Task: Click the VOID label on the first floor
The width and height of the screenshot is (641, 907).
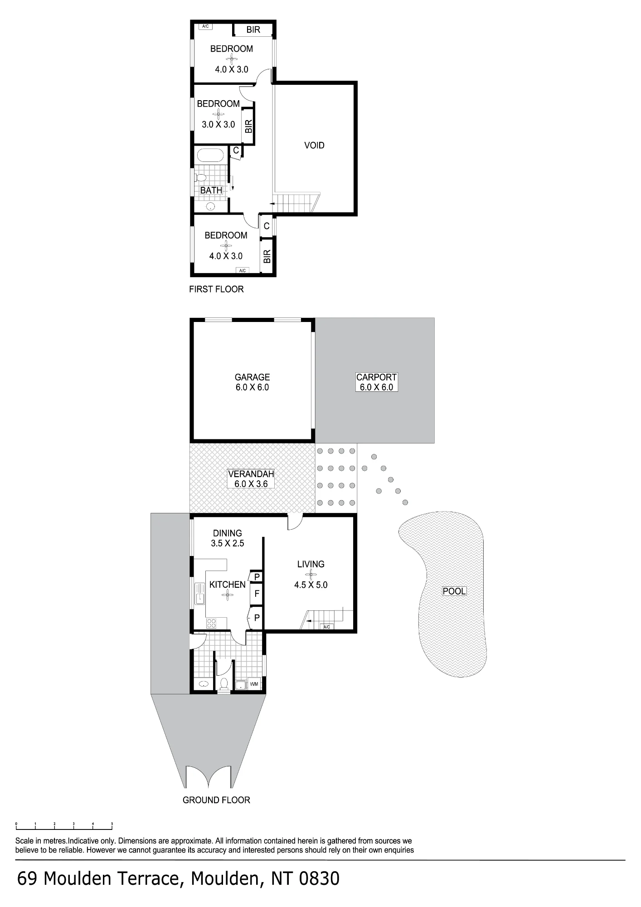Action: click(314, 146)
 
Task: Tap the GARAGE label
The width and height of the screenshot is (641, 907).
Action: click(252, 377)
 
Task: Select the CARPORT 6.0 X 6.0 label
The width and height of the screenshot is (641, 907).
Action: click(376, 382)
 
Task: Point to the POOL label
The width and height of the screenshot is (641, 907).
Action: click(454, 591)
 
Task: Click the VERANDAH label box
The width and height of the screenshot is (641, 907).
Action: click(251, 479)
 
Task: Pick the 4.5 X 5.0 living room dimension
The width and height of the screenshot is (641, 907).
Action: click(311, 585)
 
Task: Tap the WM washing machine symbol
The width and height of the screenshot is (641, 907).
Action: click(254, 684)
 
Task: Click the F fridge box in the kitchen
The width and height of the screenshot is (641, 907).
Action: click(257, 594)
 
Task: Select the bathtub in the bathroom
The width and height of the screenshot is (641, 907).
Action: click(210, 156)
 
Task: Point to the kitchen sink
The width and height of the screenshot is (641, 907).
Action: click(199, 594)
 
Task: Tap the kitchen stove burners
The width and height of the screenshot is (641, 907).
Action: click(211, 623)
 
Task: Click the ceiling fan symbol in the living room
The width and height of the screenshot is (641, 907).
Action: click(311, 575)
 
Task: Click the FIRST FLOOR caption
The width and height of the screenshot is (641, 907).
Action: click(216, 289)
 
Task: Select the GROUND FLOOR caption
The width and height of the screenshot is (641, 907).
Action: click(216, 800)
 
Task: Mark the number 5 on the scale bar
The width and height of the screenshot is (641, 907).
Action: click(112, 823)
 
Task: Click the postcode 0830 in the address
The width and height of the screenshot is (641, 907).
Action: click(319, 879)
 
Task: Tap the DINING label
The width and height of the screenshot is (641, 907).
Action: click(228, 533)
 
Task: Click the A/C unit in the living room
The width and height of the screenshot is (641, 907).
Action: click(326, 627)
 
